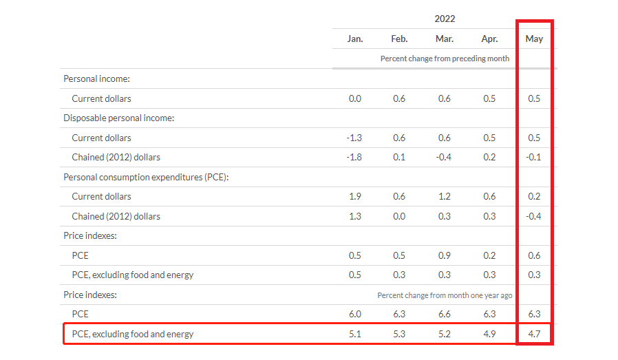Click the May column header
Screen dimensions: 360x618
tap(534, 39)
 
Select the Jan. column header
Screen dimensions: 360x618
tap(354, 39)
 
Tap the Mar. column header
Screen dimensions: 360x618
tap(444, 39)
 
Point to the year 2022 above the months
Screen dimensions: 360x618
tap(445, 19)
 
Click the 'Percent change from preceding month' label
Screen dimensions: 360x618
tap(445, 59)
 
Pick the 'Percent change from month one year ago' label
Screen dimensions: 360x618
tap(445, 295)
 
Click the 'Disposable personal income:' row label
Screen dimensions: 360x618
tap(118, 118)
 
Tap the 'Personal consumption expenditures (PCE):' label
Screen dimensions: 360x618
tap(145, 177)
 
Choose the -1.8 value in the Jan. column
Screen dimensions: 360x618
tap(354, 157)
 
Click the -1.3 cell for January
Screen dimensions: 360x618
tap(354, 138)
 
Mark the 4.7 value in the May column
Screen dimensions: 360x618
tap(534, 334)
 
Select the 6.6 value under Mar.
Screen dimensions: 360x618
tap(444, 314)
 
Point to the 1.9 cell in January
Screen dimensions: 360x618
tap(354, 196)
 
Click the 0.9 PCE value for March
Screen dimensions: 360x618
tap(444, 255)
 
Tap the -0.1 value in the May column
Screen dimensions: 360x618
tap(533, 157)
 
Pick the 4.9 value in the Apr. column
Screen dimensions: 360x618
tap(489, 334)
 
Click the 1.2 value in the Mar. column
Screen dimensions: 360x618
tap(444, 196)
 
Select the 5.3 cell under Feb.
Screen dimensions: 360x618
tap(399, 334)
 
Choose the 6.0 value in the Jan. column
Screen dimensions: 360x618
tap(354, 314)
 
